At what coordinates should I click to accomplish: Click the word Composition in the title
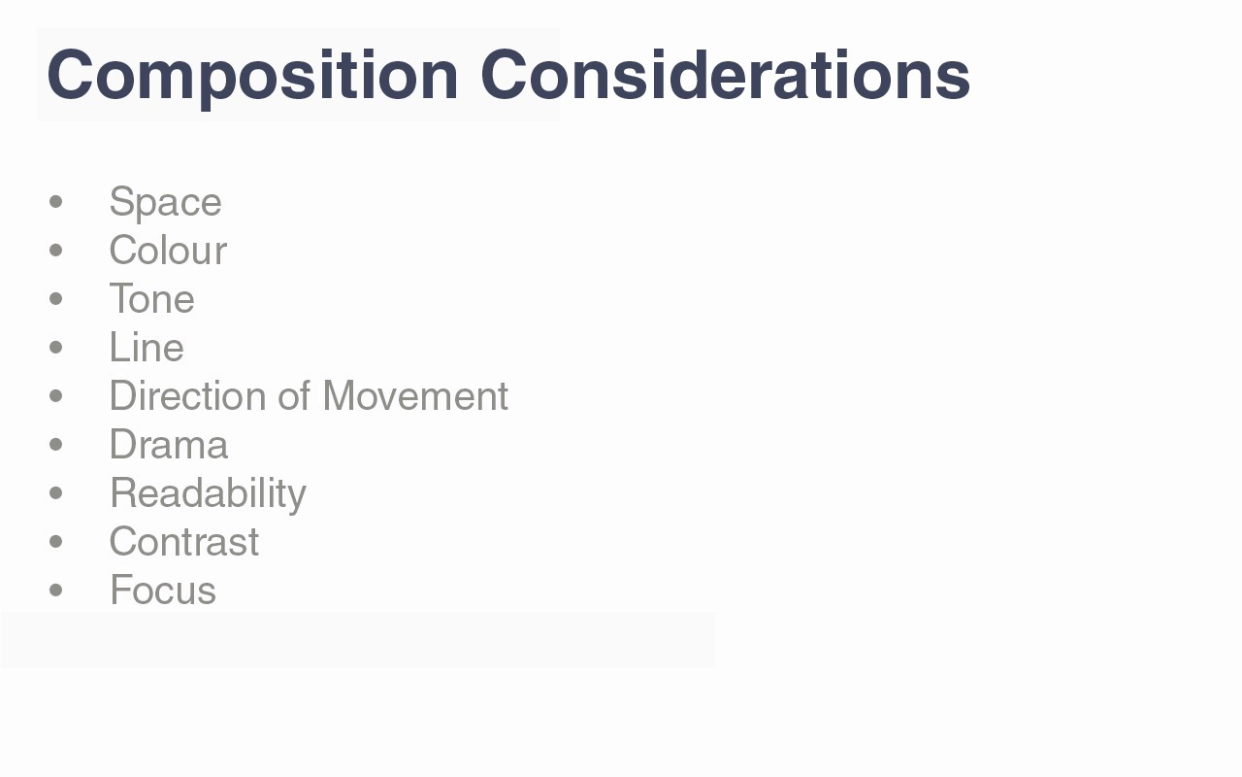click(x=253, y=77)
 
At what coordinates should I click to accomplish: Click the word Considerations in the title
click(x=725, y=75)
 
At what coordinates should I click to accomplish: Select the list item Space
click(x=165, y=204)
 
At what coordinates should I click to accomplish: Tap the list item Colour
click(x=168, y=251)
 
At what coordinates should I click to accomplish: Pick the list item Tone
click(x=152, y=299)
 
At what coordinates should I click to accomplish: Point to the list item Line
click(x=147, y=348)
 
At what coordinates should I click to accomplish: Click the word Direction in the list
click(x=188, y=396)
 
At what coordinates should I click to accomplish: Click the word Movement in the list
click(x=415, y=396)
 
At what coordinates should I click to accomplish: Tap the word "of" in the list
click(x=294, y=396)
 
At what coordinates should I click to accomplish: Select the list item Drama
click(x=169, y=445)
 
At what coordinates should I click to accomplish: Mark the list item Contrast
click(x=184, y=542)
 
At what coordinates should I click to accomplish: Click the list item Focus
click(x=163, y=590)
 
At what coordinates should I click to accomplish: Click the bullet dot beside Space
click(x=56, y=201)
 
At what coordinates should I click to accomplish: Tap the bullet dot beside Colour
click(x=56, y=251)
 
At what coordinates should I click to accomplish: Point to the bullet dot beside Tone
click(x=56, y=298)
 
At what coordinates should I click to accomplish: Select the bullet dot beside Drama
click(x=56, y=445)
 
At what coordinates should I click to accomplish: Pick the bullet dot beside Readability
click(x=56, y=492)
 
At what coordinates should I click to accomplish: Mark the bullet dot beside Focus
click(x=56, y=590)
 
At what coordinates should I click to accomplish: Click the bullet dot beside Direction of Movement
click(x=56, y=395)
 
